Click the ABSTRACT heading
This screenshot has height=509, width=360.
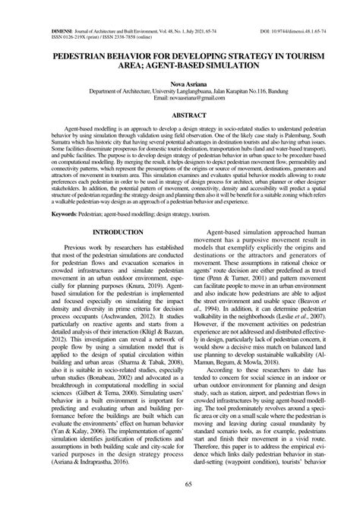click(180, 115)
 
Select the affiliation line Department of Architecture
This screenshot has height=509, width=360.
click(180, 91)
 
